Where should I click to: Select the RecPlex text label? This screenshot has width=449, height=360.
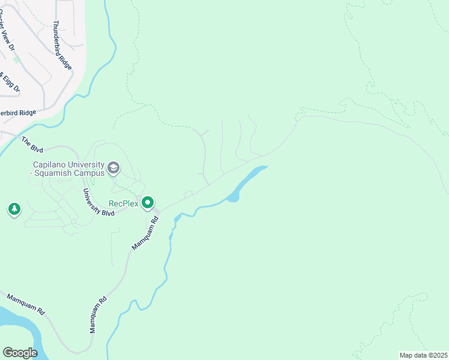(x=123, y=203)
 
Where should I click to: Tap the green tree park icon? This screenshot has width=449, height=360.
(x=14, y=209)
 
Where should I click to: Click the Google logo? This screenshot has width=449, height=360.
(x=20, y=353)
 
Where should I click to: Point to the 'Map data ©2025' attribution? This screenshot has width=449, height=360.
(x=423, y=355)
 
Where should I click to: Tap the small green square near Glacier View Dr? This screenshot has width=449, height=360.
(x=17, y=59)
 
